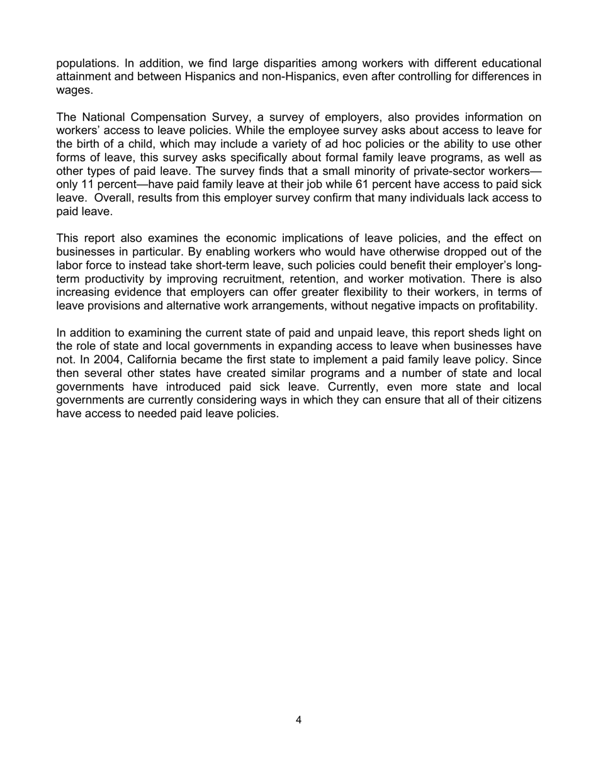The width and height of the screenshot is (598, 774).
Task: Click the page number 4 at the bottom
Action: [x=298, y=720]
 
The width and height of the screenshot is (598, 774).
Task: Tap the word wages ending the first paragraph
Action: [x=74, y=90]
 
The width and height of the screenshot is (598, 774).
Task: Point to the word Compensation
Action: [x=166, y=117]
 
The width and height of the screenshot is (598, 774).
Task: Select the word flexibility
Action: [x=328, y=292]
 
